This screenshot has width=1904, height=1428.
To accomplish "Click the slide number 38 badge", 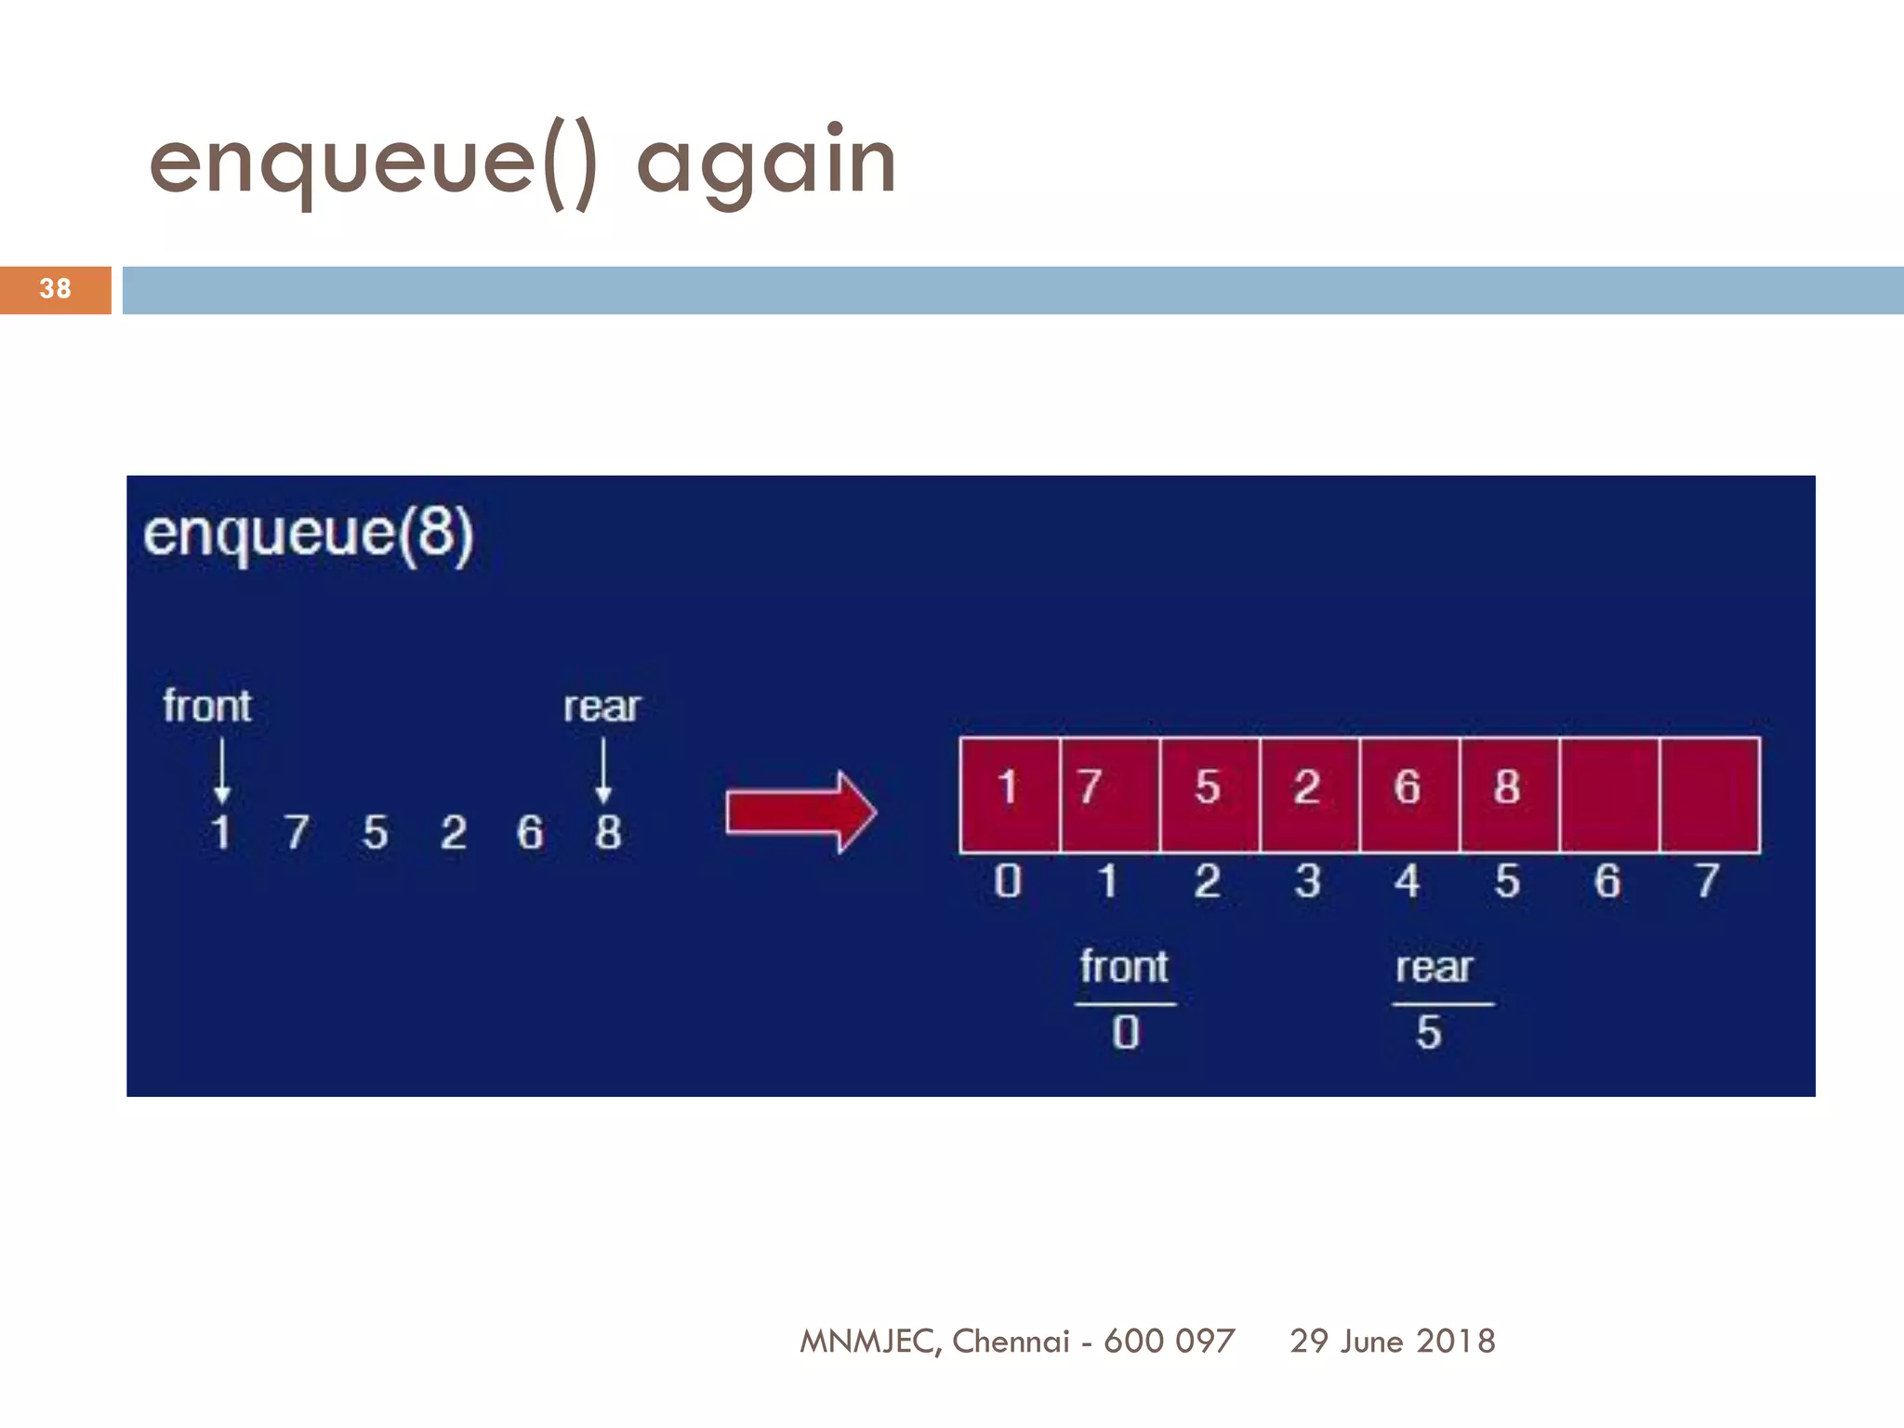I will (55, 289).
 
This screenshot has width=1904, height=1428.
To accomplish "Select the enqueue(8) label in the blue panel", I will (309, 534).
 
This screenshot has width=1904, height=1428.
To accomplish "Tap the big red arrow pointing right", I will (800, 812).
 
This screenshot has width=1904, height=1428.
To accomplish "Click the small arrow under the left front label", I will (221, 771).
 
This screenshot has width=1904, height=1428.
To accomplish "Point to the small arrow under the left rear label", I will (603, 771).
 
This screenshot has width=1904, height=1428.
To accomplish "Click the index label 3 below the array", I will (1307, 880).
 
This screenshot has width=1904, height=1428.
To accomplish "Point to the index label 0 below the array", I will (1008, 880).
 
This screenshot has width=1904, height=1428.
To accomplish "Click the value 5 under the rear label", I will (1429, 1033).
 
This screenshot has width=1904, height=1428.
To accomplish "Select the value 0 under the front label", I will (1125, 1033).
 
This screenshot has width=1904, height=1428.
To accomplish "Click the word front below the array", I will (1124, 967).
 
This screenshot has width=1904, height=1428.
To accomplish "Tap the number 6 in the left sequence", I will (530, 832).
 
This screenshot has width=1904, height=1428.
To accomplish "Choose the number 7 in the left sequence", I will (297, 832).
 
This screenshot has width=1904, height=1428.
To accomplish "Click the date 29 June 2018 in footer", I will (1392, 1341).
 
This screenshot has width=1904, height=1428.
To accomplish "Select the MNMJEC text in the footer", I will (870, 1341).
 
